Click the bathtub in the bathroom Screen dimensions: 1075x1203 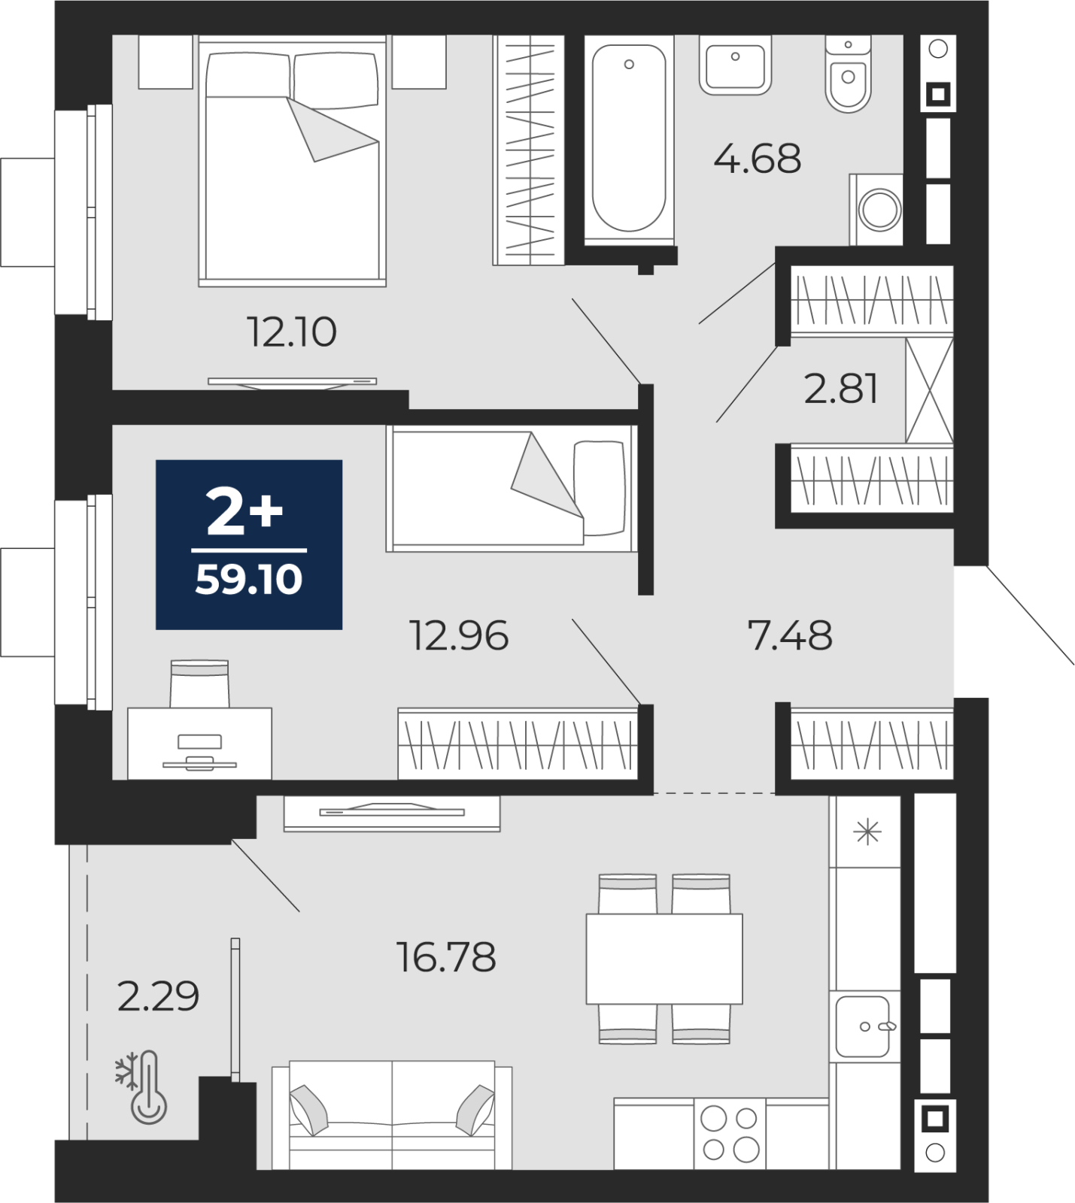pos(629,140)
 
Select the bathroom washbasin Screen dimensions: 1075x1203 pos(735,65)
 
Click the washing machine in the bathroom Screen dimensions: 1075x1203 pos(876,209)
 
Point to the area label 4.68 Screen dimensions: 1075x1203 pos(757,159)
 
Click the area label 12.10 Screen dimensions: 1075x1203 pos(292,332)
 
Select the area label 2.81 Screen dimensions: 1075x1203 pos(841,389)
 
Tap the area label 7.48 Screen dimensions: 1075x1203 pos(790,635)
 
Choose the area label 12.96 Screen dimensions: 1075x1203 pos(458,635)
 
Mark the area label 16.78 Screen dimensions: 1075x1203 pos(446,958)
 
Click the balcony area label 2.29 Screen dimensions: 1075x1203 pos(158,997)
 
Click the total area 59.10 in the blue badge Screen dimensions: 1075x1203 pos(249,580)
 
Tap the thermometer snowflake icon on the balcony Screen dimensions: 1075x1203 pos(141,1087)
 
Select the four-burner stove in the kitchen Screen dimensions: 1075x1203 pos(729,1134)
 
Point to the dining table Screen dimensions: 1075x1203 pos(664,959)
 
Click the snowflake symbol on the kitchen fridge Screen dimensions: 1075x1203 pos(867,832)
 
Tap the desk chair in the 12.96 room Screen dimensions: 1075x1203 pos(199,684)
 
